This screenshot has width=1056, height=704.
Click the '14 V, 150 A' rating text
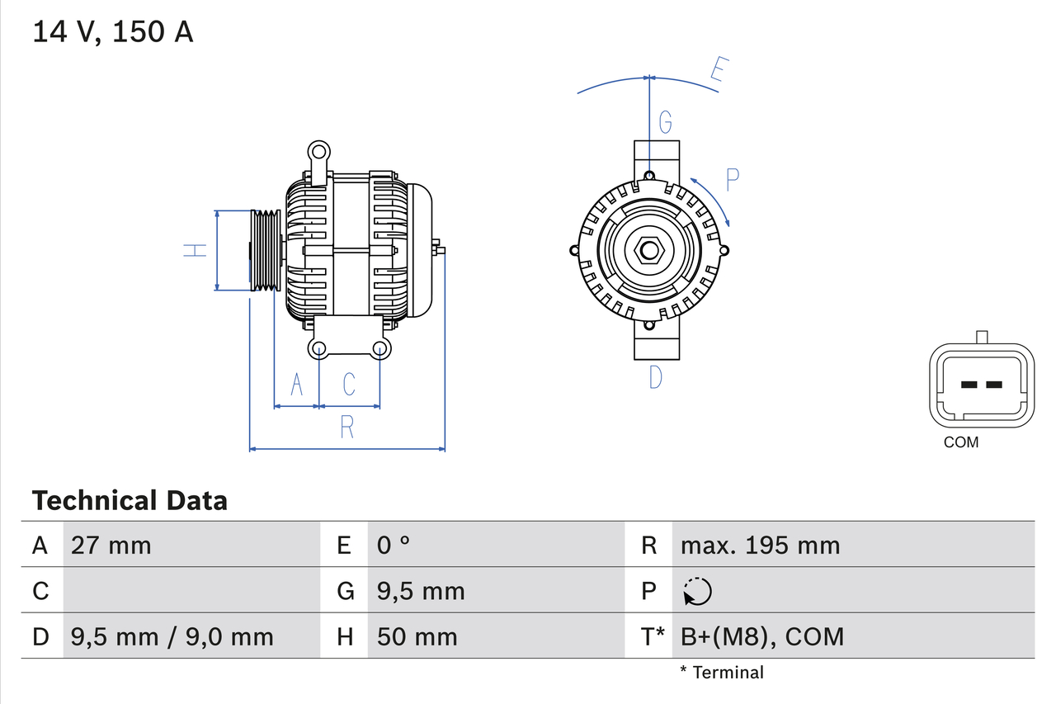pos(112,31)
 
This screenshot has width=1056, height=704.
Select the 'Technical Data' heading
pos(129,501)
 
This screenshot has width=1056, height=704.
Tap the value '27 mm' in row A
pos(111,545)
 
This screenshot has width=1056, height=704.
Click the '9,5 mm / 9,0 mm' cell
pos(172,636)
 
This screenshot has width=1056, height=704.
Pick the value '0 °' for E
pos(394,545)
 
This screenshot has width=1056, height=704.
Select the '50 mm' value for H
pos(417,636)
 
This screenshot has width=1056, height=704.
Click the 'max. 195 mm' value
pos(760,545)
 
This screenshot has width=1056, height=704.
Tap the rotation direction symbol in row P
pos(697,591)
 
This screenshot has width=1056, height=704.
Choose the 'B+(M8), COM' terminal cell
pos(762,636)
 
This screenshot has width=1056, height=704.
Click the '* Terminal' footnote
pos(722,673)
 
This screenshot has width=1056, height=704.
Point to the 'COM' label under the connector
pos(961,442)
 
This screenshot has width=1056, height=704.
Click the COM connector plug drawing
pos(981,385)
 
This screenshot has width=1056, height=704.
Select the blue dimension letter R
pos(347,427)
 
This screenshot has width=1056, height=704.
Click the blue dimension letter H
pos(196,249)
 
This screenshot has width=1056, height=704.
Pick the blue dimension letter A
pos(296,384)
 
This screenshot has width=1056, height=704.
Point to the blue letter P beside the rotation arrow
pos(733,179)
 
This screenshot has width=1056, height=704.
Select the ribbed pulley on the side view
pos(266,250)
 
